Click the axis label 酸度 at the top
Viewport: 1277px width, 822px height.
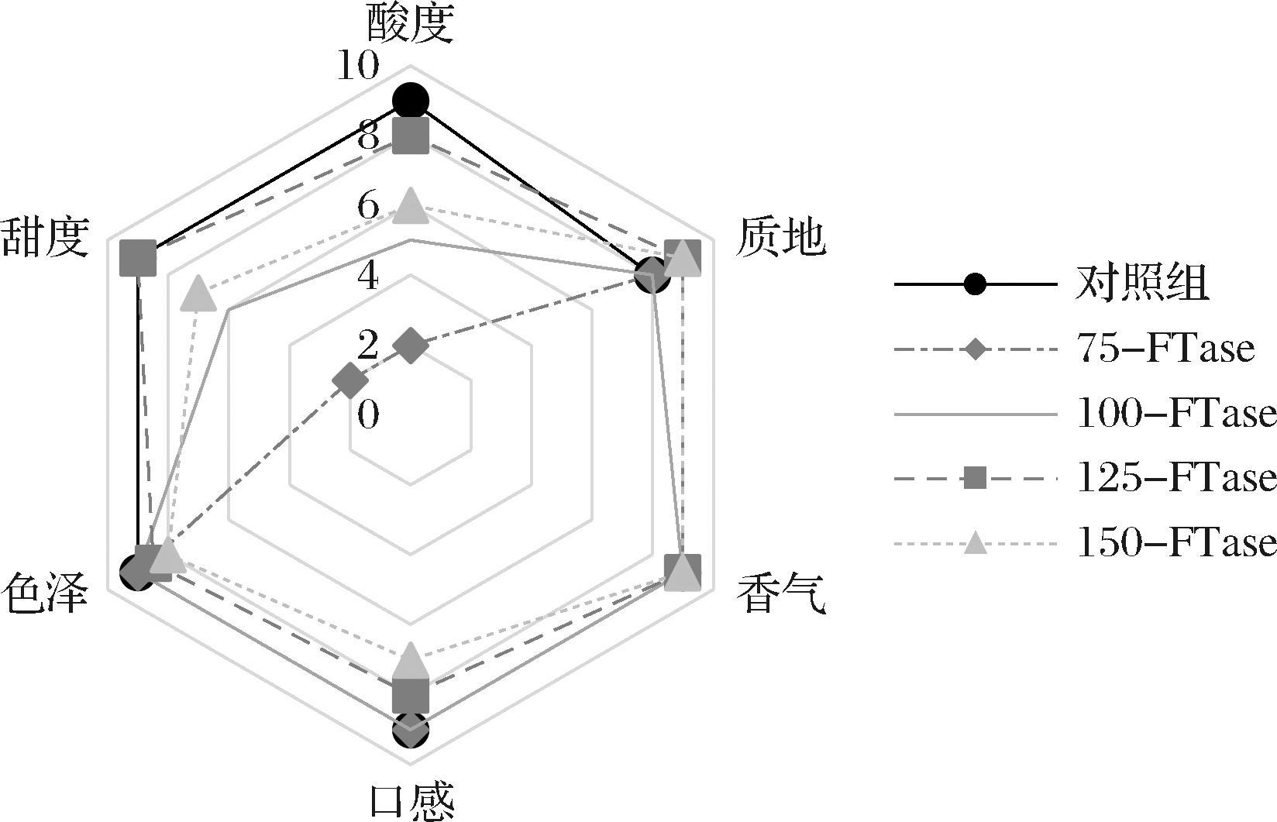[x=409, y=23]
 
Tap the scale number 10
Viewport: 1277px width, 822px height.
[x=358, y=67]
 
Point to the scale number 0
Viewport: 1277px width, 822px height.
[x=369, y=415]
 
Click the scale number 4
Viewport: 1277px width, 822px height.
[x=369, y=277]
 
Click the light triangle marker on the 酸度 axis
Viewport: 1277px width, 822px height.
[x=410, y=205]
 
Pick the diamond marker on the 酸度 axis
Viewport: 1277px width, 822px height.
[x=410, y=346]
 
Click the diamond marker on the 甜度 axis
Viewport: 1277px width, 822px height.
[x=349, y=380]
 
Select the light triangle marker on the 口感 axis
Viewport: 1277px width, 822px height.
[x=410, y=661]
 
